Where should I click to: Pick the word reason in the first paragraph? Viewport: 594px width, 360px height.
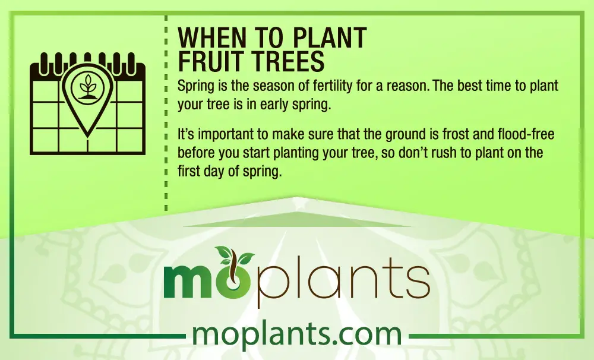tap(407, 86)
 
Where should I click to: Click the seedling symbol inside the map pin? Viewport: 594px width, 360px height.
tap(87, 88)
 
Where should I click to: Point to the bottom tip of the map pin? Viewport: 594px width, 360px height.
tap(87, 136)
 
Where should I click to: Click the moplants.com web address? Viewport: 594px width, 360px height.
tap(297, 334)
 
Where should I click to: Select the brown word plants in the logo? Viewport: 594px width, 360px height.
tap(343, 280)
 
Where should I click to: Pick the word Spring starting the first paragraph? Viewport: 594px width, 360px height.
tap(196, 86)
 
